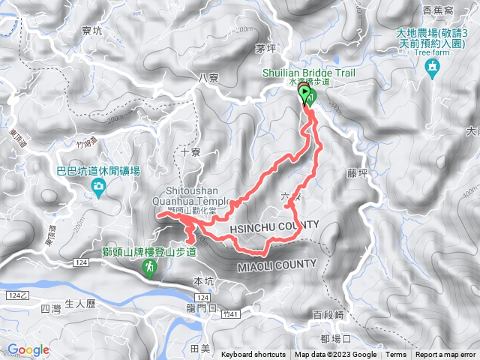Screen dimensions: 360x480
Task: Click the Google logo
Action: (28, 349)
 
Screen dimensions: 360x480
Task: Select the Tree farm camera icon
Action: (432, 69)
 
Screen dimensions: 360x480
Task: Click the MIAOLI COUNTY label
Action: (277, 265)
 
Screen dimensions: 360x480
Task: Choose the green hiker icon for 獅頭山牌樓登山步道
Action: (149, 268)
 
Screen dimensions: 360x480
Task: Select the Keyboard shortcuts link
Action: (253, 355)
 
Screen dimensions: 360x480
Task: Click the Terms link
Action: (396, 355)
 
